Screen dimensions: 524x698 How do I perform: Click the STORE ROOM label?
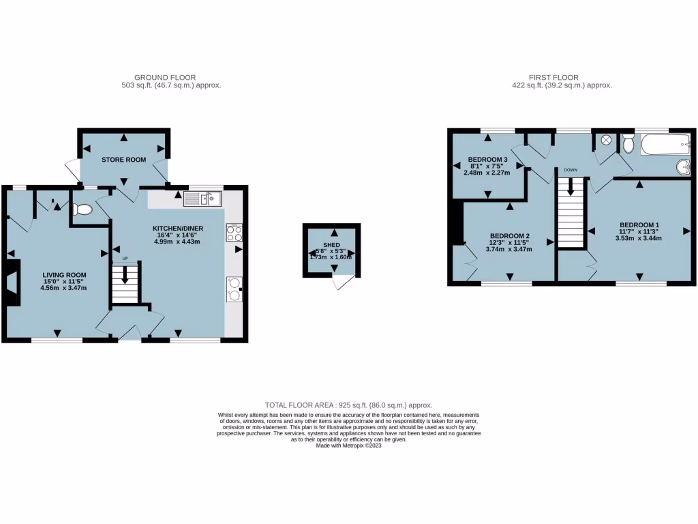pyautogui.click(x=123, y=160)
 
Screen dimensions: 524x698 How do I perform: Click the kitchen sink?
pyautogui.click(x=202, y=199)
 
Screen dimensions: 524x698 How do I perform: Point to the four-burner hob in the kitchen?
pyautogui.click(x=234, y=233)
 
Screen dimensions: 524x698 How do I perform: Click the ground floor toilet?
pyautogui.click(x=82, y=209)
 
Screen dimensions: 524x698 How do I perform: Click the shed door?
pyautogui.click(x=344, y=282)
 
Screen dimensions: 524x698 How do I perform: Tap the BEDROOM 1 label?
pyautogui.click(x=639, y=224)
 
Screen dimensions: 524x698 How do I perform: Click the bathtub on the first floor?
pyautogui.click(x=665, y=144)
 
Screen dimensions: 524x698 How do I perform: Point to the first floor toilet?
pyautogui.click(x=628, y=143)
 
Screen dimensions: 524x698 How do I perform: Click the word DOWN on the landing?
pyautogui.click(x=571, y=171)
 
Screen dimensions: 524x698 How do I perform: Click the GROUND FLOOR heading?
pyautogui.click(x=165, y=78)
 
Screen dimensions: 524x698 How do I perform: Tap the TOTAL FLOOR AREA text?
pyautogui.click(x=348, y=405)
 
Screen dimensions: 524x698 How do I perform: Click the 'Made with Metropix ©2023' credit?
pyautogui.click(x=348, y=446)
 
